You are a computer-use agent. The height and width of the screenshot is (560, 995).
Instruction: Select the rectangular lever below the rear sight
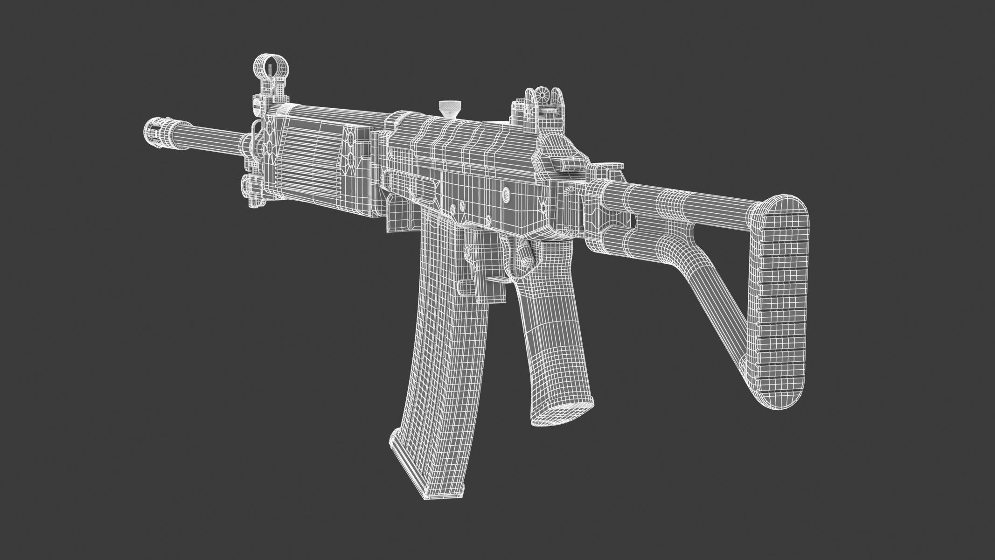[x=564, y=163]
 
